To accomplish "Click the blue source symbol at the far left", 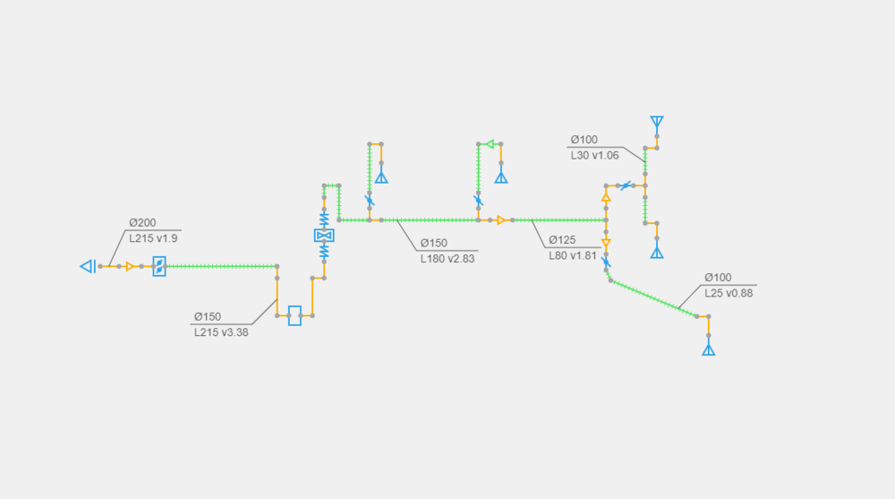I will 88,266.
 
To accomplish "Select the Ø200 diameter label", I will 143,223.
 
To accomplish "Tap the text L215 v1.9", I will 154,238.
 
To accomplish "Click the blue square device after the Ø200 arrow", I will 159,266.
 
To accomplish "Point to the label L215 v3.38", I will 221,331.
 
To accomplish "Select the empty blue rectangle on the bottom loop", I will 294,315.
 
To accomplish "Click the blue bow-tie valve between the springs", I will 324,236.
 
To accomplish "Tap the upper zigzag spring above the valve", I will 324,218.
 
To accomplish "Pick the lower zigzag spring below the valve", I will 324,253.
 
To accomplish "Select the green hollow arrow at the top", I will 490,143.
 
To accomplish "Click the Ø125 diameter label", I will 562,239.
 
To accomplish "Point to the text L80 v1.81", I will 573,255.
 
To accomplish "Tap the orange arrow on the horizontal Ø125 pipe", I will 501,219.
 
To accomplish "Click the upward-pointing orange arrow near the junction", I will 606,197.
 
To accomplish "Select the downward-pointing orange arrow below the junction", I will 606,243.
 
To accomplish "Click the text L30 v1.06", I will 593,155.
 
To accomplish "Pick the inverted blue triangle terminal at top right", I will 657,121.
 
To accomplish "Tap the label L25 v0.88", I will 729,293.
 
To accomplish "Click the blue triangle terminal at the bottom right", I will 709,349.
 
